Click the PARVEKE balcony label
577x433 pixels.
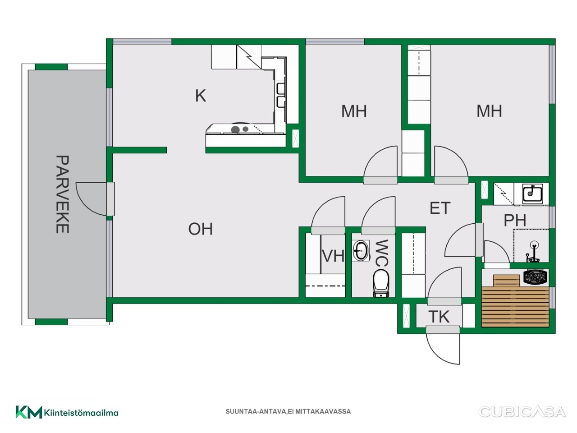coord(63,194)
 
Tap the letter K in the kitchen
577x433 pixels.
coord(201,96)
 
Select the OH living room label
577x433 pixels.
coord(200,229)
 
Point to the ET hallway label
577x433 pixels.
coord(440,208)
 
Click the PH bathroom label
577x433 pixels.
coord(515,220)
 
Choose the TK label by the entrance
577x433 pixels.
coord(439,317)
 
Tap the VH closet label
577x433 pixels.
coord(333,256)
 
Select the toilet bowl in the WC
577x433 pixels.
coord(381,284)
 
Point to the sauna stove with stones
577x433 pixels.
coord(535,277)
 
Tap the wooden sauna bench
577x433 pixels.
coord(515,301)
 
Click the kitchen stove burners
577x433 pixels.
coord(239,129)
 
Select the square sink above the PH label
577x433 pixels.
coord(532,194)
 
